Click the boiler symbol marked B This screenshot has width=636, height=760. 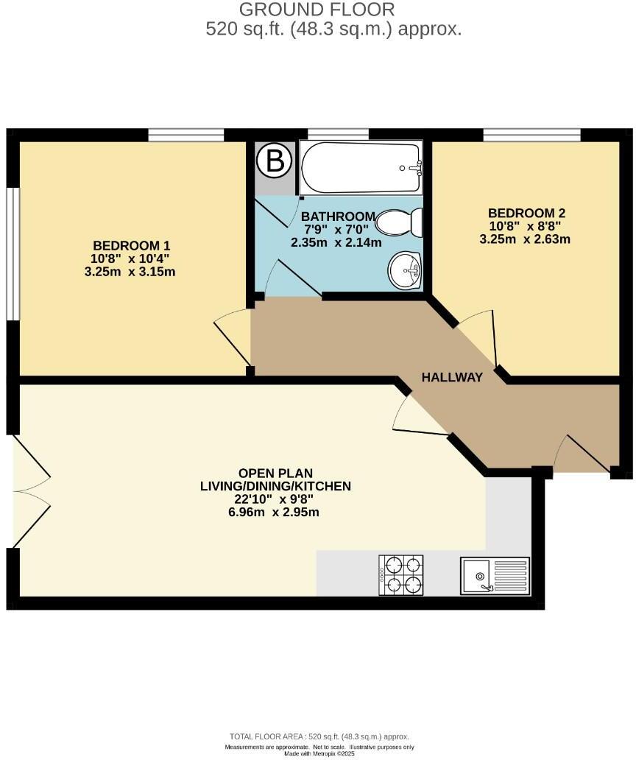click(x=275, y=161)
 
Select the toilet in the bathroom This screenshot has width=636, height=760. click(x=401, y=222)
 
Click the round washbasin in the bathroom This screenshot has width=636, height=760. click(x=404, y=270)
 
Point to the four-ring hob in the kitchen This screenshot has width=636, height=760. click(x=402, y=575)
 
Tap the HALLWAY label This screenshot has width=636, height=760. click(x=452, y=377)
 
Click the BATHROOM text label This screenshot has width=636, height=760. click(x=338, y=217)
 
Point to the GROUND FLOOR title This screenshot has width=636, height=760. click(x=317, y=10)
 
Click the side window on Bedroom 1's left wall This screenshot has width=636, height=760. click(x=11, y=253)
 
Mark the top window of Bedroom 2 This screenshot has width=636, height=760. click(x=531, y=135)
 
